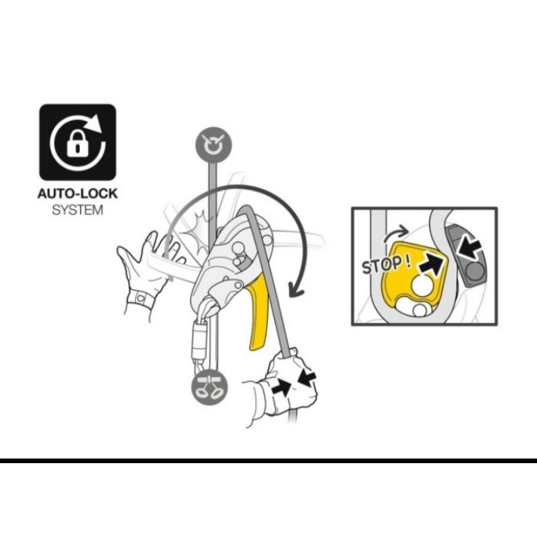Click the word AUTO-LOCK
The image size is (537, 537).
pyautogui.click(x=77, y=194)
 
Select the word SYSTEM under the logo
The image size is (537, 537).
pyautogui.click(x=77, y=210)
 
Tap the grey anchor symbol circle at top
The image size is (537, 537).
pyautogui.click(x=213, y=145)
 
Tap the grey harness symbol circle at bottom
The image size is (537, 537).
pyautogui.click(x=209, y=389)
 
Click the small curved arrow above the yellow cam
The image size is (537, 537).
pyautogui.click(x=395, y=234)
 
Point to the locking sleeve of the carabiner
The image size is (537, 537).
pyautogui.click(x=198, y=340)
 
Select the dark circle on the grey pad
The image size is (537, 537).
pyautogui.click(x=475, y=271)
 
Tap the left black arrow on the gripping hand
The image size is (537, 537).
pyautogui.click(x=282, y=387)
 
